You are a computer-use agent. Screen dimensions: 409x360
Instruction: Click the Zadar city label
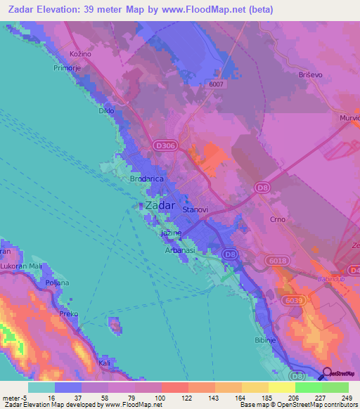tap(160, 205)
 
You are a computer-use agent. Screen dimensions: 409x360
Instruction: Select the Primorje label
tap(69, 68)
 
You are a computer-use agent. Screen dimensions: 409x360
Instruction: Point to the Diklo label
tap(106, 111)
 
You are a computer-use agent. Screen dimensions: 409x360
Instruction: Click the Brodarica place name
tap(147, 179)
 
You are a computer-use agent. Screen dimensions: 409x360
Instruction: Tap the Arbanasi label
tap(180, 248)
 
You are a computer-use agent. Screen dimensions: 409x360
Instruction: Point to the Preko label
tap(68, 313)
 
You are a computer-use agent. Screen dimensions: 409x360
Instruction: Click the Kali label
tap(105, 363)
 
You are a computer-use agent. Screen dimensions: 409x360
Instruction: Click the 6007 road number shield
tap(215, 84)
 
